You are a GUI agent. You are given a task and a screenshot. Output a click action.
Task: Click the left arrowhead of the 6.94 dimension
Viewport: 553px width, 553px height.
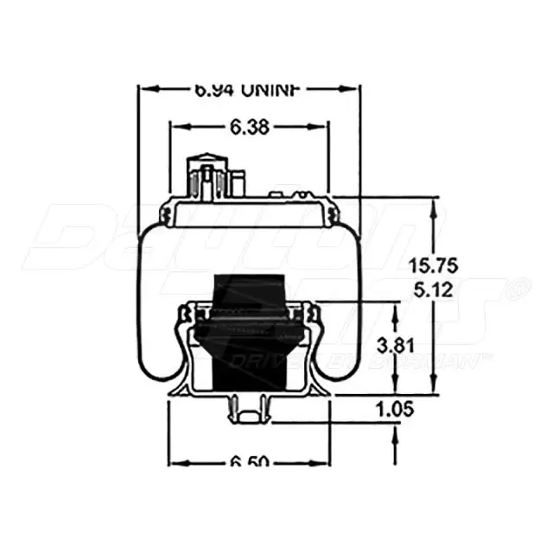coord(147,89)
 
